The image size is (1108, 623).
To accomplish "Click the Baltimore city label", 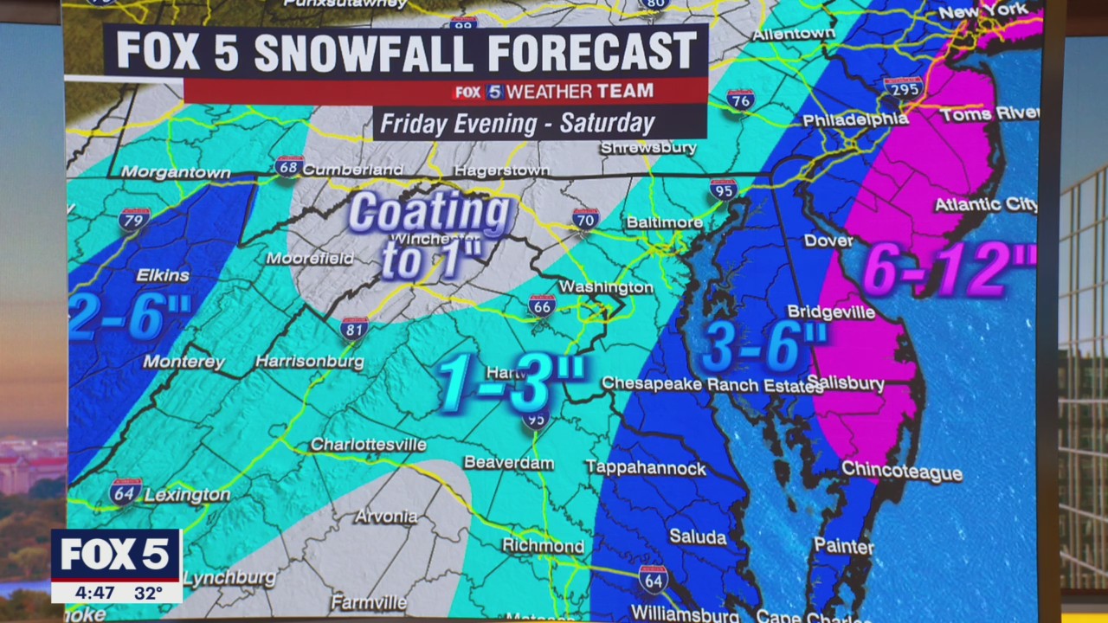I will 664,222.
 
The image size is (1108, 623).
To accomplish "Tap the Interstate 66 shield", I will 542,305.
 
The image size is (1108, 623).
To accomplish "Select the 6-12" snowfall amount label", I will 949,270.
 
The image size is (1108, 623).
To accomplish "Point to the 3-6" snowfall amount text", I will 763,347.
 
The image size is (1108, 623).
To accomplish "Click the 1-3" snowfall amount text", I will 511,382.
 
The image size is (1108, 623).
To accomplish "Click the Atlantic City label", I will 985,205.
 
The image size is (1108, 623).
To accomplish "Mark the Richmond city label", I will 544,546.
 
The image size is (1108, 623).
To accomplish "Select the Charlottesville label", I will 368,445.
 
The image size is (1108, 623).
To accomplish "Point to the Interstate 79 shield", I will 134,220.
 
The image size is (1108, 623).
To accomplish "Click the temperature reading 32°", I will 148,593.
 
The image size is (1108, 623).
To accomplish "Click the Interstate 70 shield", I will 585,218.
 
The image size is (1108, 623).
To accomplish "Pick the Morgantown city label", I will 176,172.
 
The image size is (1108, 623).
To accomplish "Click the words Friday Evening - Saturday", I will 518,123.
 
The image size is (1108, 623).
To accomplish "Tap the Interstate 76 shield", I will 740,100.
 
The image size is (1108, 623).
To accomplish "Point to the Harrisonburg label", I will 310,362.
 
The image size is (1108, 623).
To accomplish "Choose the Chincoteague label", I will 902,472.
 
